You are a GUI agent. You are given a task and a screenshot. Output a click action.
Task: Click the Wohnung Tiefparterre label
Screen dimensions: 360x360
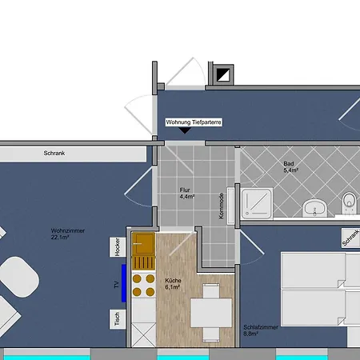click(193, 122)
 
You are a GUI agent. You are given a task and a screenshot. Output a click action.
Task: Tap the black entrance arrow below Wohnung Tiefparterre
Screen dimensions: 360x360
click(186, 132)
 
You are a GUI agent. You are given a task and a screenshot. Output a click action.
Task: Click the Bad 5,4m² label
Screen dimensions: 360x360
click(290, 168)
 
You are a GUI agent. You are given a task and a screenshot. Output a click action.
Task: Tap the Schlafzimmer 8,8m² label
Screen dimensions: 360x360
click(260, 330)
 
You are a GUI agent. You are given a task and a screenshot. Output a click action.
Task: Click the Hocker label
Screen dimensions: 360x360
click(118, 248)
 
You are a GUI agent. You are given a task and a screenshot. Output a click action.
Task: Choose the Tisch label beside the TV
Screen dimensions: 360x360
click(118, 320)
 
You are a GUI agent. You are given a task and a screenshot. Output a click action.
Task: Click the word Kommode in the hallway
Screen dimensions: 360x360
click(222, 206)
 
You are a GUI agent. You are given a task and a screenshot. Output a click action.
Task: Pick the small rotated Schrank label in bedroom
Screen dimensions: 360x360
click(349, 238)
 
